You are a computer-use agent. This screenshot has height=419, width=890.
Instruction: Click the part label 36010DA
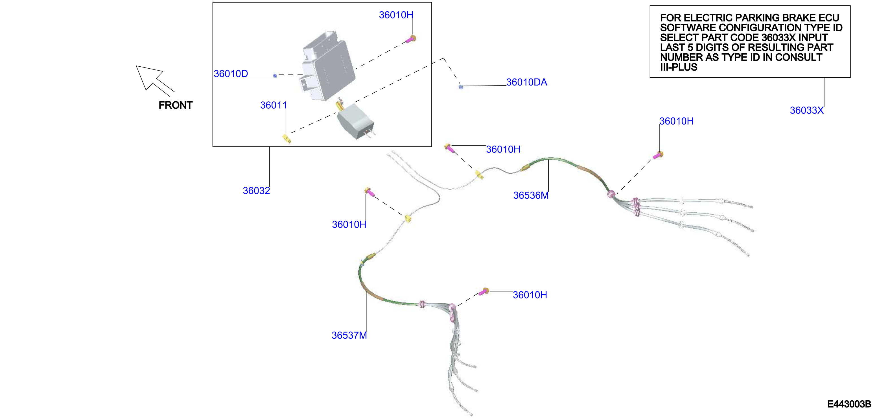click(x=526, y=82)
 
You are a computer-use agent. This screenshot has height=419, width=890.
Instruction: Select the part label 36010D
click(x=231, y=74)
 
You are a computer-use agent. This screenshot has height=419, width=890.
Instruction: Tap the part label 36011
click(x=273, y=105)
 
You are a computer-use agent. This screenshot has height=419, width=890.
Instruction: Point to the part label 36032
click(x=256, y=191)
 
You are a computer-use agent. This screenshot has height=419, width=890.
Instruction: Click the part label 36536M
click(x=531, y=195)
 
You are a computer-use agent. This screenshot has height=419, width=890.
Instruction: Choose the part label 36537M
click(x=349, y=335)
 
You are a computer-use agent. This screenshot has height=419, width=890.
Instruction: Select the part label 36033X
click(x=807, y=110)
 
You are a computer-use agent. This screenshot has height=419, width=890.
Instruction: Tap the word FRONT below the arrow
click(x=176, y=105)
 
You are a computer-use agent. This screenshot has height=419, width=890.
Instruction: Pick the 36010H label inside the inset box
click(x=396, y=15)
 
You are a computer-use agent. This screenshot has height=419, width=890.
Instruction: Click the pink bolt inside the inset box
click(x=411, y=39)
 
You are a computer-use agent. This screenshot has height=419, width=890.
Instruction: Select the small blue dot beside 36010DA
click(x=461, y=87)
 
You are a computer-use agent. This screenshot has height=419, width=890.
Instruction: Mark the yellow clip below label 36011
click(x=287, y=139)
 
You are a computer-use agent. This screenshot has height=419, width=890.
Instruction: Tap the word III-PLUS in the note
click(x=679, y=67)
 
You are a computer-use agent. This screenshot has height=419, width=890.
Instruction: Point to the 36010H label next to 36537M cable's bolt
click(x=530, y=295)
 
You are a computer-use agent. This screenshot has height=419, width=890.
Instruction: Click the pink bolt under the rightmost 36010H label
click(x=658, y=155)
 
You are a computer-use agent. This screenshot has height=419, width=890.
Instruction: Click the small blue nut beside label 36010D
click(x=275, y=75)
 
